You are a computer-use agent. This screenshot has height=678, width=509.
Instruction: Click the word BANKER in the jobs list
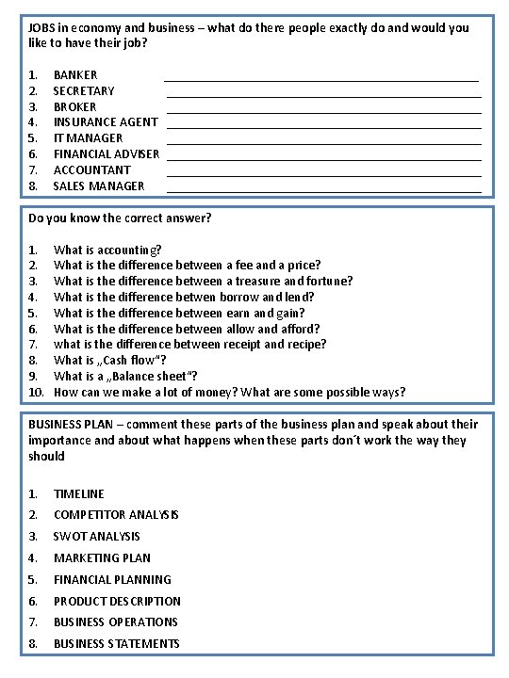75,74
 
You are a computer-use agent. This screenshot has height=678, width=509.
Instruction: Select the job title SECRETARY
84,90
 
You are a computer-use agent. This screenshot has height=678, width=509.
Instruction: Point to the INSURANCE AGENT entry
106,121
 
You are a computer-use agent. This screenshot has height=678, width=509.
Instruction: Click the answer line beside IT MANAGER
323,143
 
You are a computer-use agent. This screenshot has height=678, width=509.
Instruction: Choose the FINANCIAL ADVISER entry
107,153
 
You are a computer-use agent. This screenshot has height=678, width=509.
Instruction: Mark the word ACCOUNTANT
92,169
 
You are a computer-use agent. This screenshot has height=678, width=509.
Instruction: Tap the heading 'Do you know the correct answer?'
120,218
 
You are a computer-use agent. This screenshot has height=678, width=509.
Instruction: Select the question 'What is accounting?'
107,250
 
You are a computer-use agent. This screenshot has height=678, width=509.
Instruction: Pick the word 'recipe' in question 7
307,344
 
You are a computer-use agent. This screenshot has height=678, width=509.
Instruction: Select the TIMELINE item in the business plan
79,493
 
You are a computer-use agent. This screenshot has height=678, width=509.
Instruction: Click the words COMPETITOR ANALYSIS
116,515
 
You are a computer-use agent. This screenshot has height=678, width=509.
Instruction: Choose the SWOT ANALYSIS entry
97,536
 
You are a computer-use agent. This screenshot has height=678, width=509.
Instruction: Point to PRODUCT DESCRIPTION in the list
117,601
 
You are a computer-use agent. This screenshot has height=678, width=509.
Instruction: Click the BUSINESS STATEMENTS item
116,644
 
